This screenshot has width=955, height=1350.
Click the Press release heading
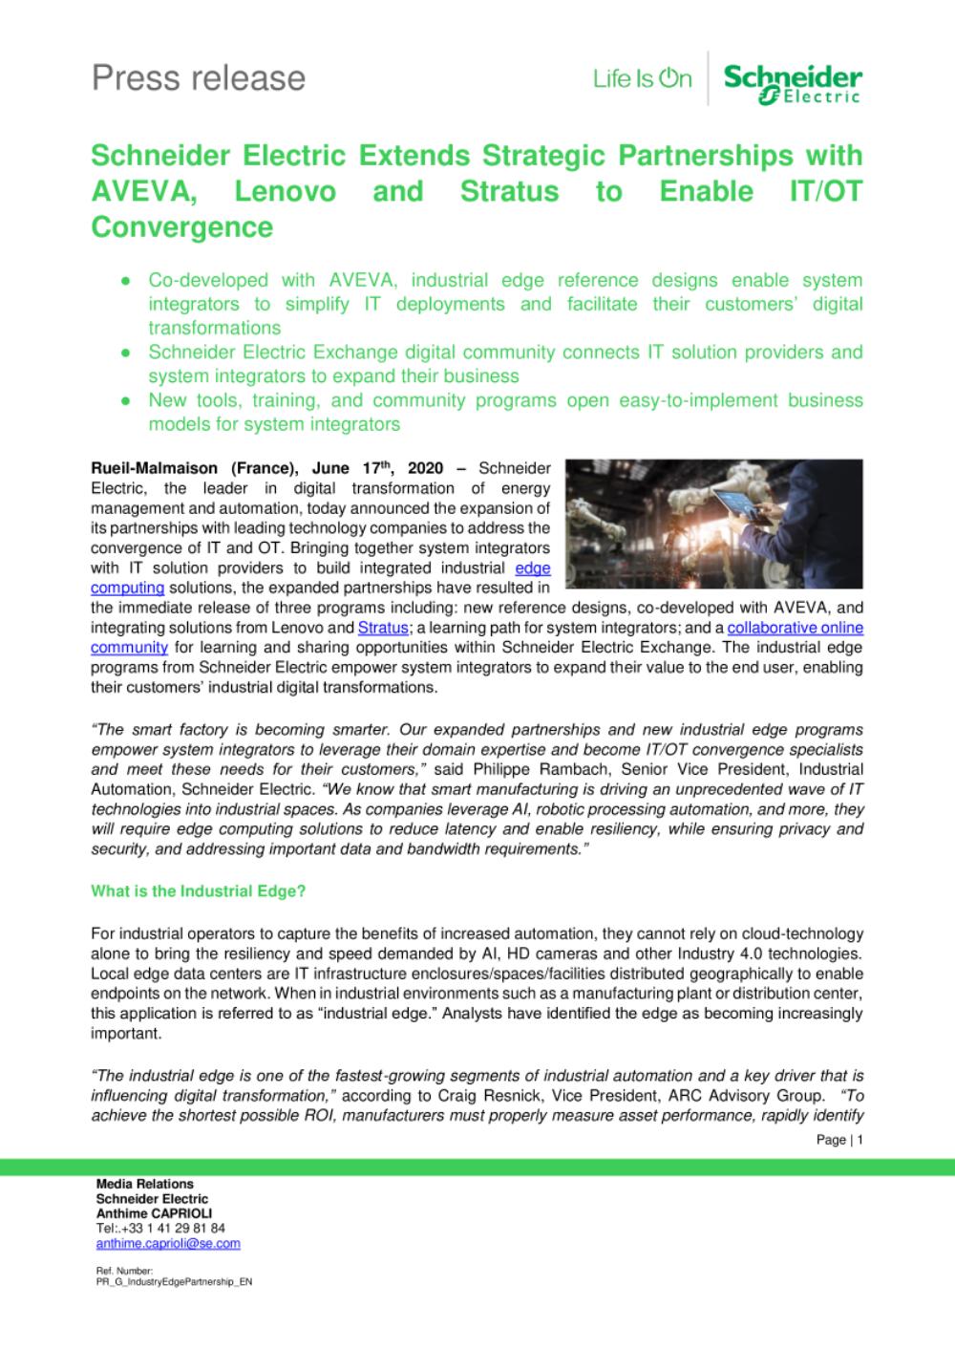pos(199,77)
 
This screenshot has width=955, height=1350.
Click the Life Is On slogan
pos(642,78)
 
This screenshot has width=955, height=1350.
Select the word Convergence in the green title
pos(181,227)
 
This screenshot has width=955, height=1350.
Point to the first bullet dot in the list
pos(125,281)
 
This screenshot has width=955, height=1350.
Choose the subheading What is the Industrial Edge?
pos(198,890)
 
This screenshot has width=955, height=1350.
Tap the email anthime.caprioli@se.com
pos(168,1243)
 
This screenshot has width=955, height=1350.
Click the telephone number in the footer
pos(160,1228)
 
